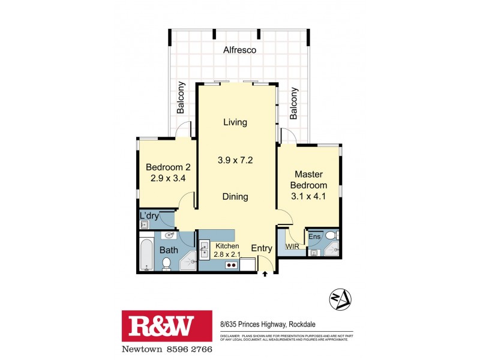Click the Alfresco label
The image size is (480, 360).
[240, 50]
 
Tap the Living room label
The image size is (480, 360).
[235, 122]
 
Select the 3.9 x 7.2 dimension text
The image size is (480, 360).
[235, 160]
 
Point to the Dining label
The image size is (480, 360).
[235, 196]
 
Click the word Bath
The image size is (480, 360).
[168, 250]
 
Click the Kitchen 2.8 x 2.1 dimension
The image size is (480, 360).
[227, 254]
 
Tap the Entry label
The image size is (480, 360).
[262, 248]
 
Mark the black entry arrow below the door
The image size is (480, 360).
[266, 275]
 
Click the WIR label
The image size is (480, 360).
[292, 247]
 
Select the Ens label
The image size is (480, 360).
[314, 236]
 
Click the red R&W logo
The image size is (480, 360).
[167, 326]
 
